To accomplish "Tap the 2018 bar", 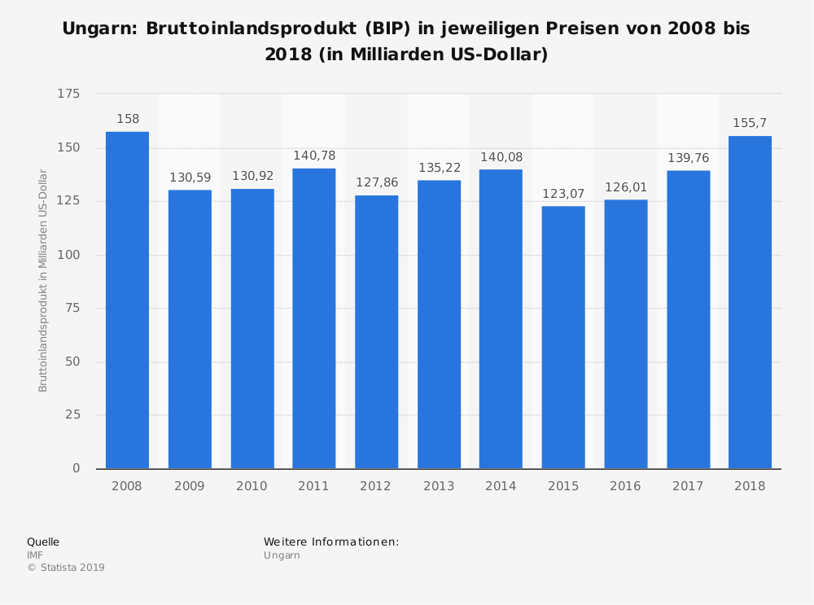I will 750,302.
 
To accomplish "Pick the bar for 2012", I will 376,331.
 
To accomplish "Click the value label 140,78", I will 314,156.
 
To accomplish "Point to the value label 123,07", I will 563,194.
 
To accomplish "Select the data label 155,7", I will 750,123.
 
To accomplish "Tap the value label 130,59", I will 190,178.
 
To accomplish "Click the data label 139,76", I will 688,158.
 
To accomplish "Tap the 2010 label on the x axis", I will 252,486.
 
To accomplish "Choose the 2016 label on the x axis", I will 625,486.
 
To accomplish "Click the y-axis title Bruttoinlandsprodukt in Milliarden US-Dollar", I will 43,281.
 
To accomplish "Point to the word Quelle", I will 43,541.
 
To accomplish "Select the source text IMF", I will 35,555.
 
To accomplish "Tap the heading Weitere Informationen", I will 331,541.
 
